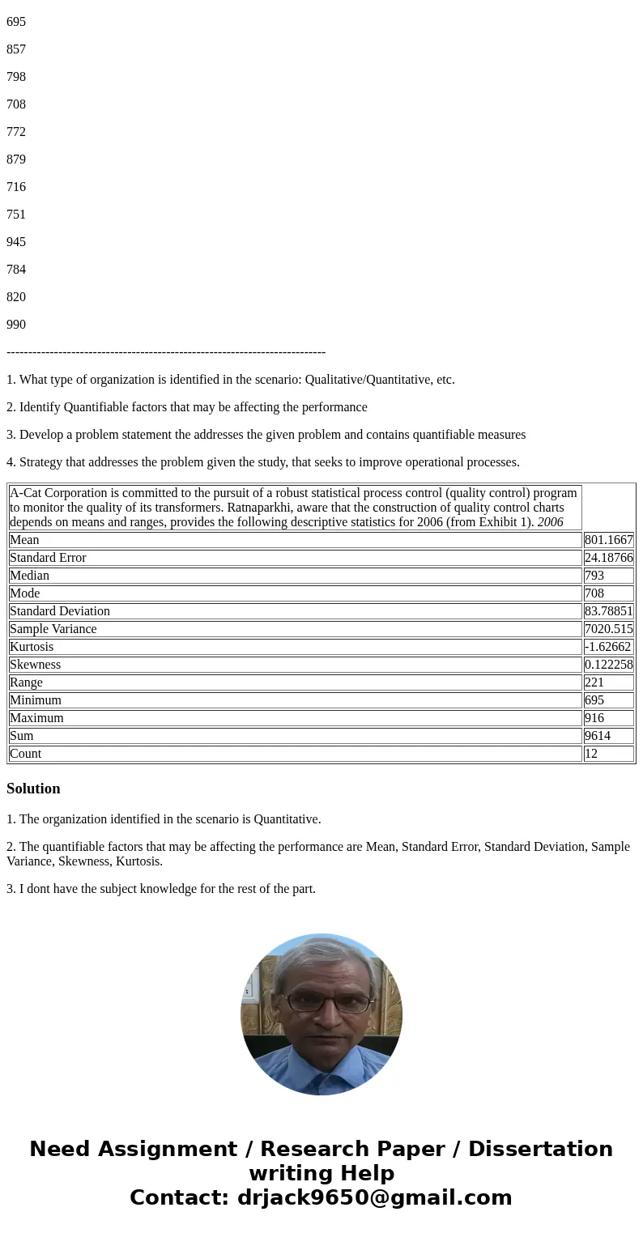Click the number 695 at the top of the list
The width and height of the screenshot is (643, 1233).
tap(16, 22)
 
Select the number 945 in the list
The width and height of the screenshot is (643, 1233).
tap(16, 242)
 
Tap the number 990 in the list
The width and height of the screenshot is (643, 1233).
tap(16, 325)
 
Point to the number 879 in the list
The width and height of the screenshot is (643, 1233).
tap(16, 159)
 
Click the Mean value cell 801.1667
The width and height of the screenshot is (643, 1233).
tap(608, 540)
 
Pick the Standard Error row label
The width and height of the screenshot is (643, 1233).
tap(48, 558)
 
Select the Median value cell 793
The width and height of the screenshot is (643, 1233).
tap(594, 576)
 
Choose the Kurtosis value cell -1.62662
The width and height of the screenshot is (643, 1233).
tap(607, 647)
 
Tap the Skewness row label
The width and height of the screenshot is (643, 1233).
tap(35, 665)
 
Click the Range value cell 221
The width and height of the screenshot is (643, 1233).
tap(594, 682)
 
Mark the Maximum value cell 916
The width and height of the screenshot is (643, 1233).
tap(594, 718)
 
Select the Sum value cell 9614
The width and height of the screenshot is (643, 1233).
tap(598, 736)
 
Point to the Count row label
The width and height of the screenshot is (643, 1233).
tap(25, 754)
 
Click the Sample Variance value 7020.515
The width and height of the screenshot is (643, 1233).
tap(608, 629)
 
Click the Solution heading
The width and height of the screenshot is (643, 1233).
tap(33, 789)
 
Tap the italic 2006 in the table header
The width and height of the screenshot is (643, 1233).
tap(550, 522)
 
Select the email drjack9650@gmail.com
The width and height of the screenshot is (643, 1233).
tap(374, 1197)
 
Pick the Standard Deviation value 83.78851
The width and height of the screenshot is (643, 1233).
tap(608, 611)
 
